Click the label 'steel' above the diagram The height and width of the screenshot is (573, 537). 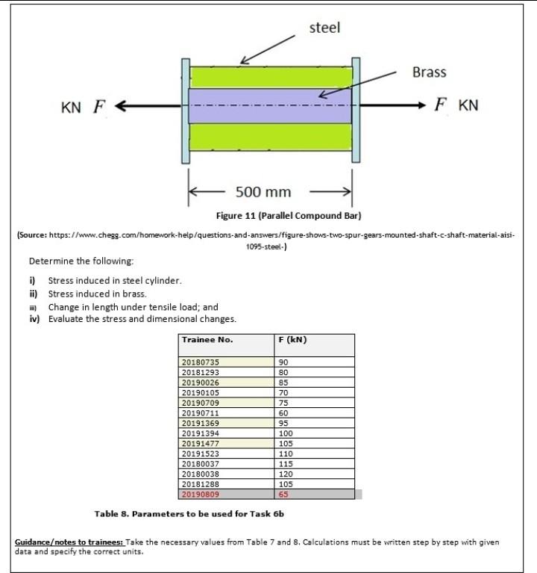tap(324, 28)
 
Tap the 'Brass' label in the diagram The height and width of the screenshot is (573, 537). tap(429, 72)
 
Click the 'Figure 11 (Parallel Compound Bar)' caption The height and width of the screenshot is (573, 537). tap(288, 216)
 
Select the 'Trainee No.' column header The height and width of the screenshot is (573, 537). tap(207, 340)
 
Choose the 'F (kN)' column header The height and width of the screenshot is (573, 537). tap(293, 340)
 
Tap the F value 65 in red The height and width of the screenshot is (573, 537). tap(283, 495)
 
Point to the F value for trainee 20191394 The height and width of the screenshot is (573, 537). tap(286, 433)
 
